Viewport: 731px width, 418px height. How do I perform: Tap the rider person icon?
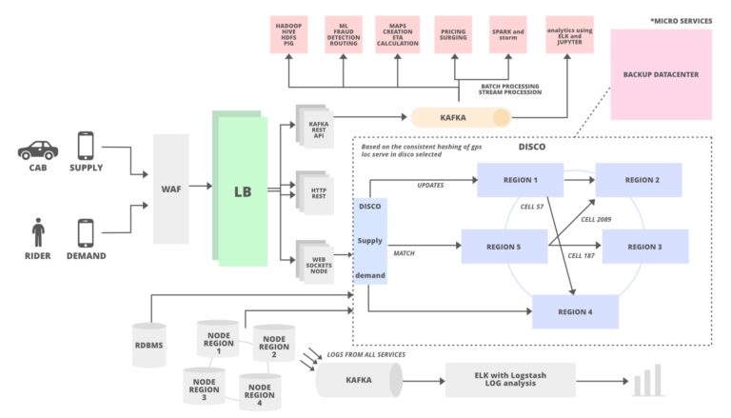pyautogui.click(x=38, y=232)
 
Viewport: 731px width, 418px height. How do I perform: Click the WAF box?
pyautogui.click(x=171, y=189)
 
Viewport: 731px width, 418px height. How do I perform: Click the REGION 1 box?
pyautogui.click(x=519, y=180)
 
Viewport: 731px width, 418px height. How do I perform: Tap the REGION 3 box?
pyautogui.click(x=644, y=246)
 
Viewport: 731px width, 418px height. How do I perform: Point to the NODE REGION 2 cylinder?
pyautogui.click(x=274, y=346)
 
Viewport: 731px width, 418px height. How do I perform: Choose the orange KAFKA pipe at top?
pyautogui.click(x=462, y=117)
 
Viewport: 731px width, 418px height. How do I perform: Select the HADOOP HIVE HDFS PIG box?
pyautogui.click(x=288, y=38)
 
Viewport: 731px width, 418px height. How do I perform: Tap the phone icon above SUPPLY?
pyautogui.click(x=86, y=145)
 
